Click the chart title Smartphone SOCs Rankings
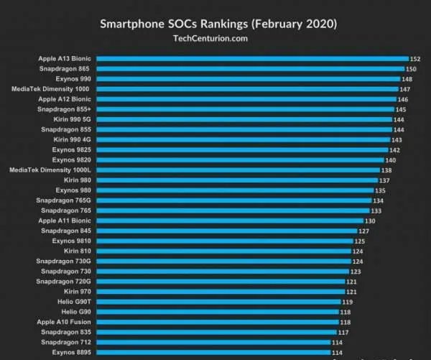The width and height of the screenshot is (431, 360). click(215, 23)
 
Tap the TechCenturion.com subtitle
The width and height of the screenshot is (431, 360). click(215, 38)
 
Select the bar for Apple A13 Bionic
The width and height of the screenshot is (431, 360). click(251, 58)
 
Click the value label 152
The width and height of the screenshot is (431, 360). click(414, 58)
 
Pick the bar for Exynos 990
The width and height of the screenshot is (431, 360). click(248, 78)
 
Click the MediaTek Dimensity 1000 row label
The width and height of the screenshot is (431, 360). click(51, 88)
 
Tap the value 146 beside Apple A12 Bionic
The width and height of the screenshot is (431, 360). click(402, 99)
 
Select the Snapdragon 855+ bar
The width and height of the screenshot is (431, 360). click(244, 109)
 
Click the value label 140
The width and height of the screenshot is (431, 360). click(391, 160)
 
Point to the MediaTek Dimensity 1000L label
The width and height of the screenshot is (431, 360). click(50, 170)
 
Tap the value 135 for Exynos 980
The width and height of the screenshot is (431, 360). click(380, 190)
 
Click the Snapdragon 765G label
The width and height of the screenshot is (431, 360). click(64, 200)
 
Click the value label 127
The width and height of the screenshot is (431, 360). click(363, 231)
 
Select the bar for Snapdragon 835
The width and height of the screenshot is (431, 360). click(215, 332)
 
